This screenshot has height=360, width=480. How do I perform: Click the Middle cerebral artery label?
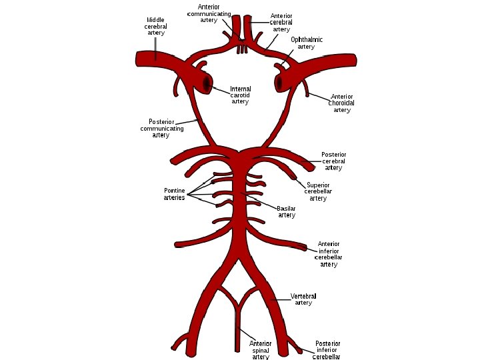[155, 26]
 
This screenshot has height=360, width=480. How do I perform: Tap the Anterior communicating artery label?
[209, 13]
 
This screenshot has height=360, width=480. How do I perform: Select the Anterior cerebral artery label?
[281, 22]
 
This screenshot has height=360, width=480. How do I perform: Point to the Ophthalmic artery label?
[306, 43]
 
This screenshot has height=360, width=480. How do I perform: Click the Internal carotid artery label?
[240, 95]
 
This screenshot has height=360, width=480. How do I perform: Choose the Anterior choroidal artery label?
[341, 103]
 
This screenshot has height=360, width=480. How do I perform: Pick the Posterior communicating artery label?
[161, 128]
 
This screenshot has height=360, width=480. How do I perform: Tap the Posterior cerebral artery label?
[333, 161]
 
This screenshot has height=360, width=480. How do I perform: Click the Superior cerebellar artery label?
[318, 191]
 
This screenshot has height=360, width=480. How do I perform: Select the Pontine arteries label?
[174, 194]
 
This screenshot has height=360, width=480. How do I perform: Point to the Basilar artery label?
[287, 211]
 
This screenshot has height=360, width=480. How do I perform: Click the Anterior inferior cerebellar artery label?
[329, 254]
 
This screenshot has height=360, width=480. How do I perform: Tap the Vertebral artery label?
[303, 299]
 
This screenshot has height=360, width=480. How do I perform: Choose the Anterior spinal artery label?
[260, 350]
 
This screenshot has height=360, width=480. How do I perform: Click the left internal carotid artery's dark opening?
[207, 84]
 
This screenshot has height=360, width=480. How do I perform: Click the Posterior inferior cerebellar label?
[327, 350]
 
